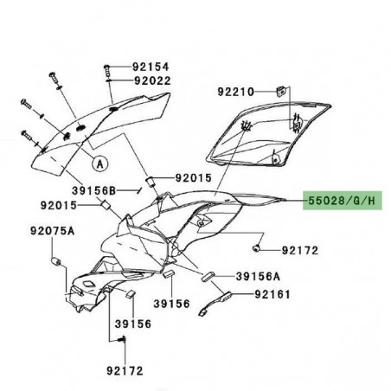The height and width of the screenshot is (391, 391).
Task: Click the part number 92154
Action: [x=151, y=67]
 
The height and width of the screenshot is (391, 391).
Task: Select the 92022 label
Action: [x=151, y=81]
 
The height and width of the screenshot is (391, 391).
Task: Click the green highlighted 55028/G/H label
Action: [x=341, y=201]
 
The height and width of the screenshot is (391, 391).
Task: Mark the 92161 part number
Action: [x=273, y=295]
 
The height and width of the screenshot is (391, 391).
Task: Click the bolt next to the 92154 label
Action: [x=108, y=67]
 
